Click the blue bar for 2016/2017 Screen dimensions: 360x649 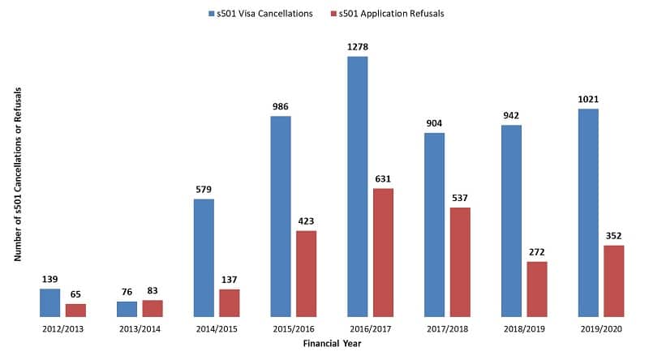357,186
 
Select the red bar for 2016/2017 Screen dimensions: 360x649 383,252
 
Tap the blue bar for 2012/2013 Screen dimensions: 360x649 50,302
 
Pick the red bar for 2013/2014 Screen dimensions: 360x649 153,308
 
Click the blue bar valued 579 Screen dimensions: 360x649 204,257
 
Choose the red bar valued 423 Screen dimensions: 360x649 306,273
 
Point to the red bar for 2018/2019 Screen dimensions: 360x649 537,289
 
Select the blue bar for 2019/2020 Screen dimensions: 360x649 588,212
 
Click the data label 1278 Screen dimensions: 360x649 358,47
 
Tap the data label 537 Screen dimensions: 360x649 460,198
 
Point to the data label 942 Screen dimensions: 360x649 512,115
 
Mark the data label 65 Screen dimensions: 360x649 76,294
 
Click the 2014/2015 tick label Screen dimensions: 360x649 217,329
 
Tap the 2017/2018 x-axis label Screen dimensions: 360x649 447,329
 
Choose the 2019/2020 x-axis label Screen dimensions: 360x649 601,329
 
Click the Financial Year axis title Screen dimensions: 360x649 332,344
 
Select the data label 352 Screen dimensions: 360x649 614,236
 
